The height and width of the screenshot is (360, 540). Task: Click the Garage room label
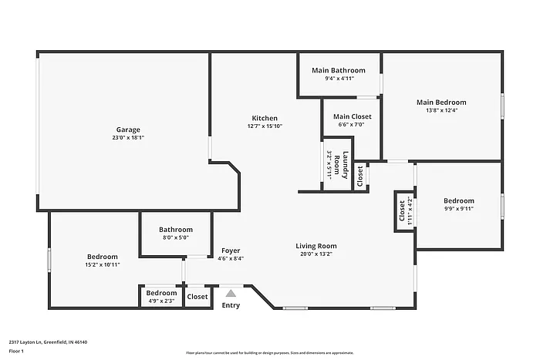(128, 130)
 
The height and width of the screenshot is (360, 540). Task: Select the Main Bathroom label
(339, 70)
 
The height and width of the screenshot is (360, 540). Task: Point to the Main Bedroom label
(441, 102)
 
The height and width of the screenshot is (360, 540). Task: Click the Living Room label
(316, 247)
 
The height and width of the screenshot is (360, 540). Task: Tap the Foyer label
(231, 251)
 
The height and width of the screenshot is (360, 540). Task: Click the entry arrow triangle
(231, 293)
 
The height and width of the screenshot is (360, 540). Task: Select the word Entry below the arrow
(231, 305)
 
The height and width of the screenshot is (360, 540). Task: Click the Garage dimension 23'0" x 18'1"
(128, 138)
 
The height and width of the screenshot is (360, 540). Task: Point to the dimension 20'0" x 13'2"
(316, 255)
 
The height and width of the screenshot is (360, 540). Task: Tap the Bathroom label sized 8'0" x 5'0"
(175, 230)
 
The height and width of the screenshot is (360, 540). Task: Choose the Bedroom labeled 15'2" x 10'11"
(102, 257)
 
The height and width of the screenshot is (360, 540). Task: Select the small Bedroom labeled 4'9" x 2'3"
(161, 293)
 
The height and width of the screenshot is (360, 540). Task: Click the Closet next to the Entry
(197, 296)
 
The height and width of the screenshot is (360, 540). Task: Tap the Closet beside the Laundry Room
(360, 176)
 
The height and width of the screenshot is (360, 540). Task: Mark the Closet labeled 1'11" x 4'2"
(402, 210)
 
